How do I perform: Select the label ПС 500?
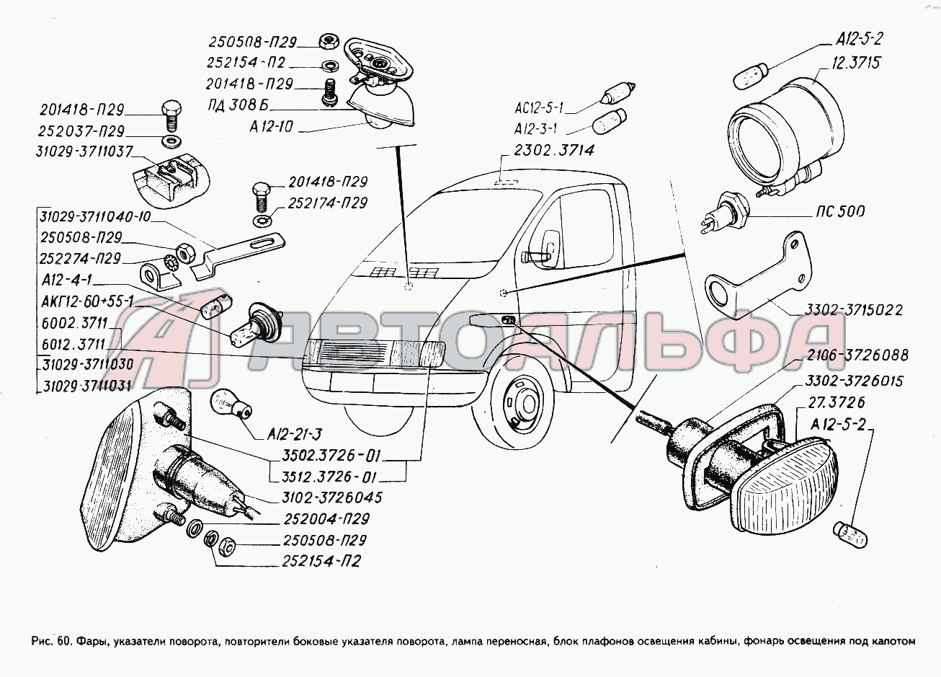point(841,212)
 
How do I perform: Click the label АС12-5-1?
point(539,109)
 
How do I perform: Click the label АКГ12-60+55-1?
point(84,301)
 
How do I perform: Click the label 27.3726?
point(836,402)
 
